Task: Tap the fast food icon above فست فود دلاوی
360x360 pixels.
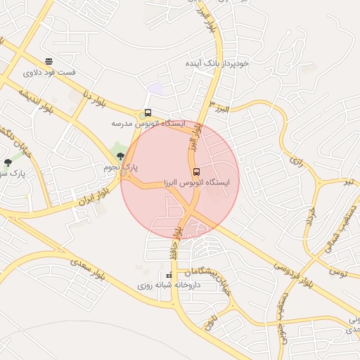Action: coord(48,62)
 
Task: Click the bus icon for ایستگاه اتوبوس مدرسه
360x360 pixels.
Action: coord(148,112)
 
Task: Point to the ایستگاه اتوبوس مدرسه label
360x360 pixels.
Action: coord(148,123)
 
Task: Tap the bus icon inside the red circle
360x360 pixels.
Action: coord(195,172)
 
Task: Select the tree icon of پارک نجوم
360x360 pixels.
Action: coord(121,155)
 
